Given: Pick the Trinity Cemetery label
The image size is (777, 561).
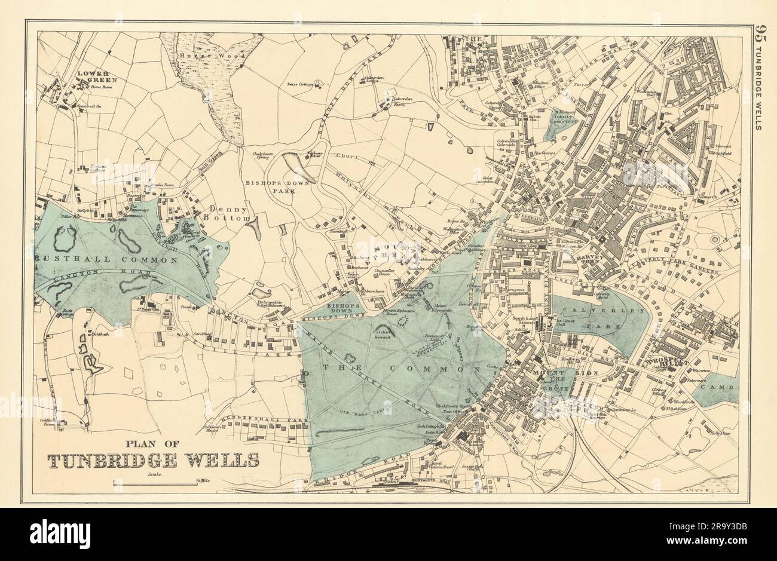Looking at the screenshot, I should tap(563, 118).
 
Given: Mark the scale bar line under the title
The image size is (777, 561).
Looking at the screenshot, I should tap(152, 480).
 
